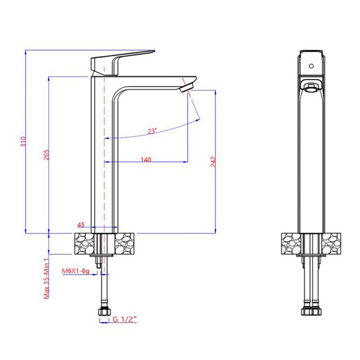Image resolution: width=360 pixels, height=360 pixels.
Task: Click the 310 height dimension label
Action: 23,142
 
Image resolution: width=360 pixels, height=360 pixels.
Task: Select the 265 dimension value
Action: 46,155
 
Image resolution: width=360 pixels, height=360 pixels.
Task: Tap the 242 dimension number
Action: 213,161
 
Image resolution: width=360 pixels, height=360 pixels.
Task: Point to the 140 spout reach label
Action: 146,160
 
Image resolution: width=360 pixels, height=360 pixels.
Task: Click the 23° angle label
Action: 152,131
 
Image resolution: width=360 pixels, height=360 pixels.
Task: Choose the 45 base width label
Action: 81,224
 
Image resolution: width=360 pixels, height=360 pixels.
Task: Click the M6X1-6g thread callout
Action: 76,271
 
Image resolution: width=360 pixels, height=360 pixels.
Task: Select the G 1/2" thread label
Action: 125,319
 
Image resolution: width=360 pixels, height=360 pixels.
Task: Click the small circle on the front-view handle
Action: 311,66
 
